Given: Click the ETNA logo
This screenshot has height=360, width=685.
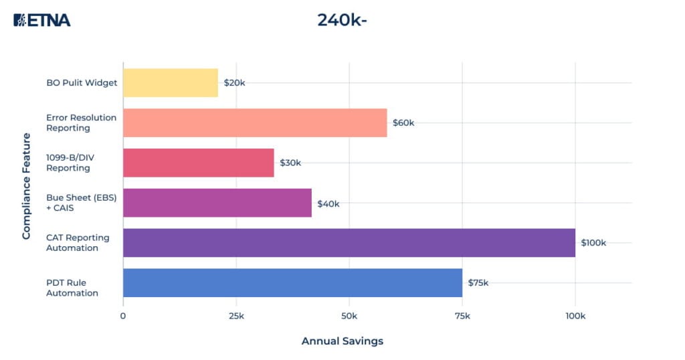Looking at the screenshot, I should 41,20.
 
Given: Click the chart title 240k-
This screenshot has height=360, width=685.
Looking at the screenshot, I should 342,20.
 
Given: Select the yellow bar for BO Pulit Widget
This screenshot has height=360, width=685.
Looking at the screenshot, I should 171,83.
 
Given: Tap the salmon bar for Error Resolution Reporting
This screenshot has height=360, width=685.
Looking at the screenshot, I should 255,123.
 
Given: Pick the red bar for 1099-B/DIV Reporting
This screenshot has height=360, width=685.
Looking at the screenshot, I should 199,163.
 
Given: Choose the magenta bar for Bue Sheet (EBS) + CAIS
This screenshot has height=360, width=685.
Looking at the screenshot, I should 217,203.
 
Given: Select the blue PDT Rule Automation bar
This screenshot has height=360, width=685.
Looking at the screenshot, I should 292,282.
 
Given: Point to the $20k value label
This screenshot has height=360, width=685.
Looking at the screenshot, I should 235,83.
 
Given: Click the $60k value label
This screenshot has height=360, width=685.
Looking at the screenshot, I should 403,123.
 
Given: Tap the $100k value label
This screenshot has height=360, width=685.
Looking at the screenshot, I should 593,243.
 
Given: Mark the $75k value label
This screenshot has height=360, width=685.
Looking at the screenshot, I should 478,282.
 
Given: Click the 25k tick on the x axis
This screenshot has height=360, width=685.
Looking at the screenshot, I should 235,315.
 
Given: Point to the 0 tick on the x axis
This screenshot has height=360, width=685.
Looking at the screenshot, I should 123,315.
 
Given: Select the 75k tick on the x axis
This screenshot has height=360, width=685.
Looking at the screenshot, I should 462,315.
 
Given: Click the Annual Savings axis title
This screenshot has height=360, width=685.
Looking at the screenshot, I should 342,341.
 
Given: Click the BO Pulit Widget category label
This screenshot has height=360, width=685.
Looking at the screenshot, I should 82,83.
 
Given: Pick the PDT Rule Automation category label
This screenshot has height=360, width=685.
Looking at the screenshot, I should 72,288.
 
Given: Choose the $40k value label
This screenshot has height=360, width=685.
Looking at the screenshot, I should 328,203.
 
